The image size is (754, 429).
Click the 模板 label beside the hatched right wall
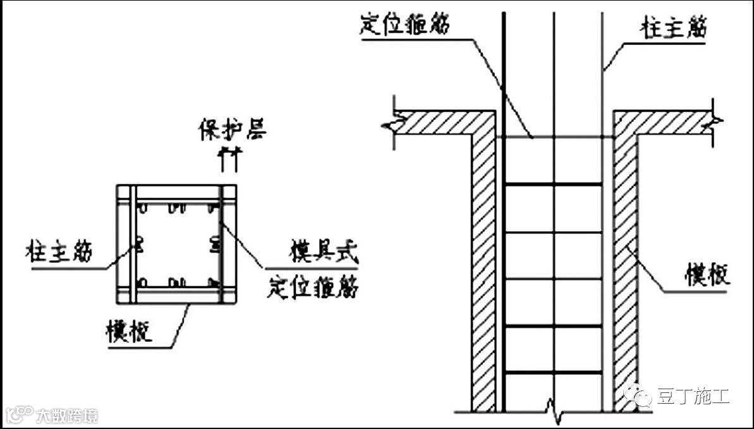pyautogui.click(x=707, y=275)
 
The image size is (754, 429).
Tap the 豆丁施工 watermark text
pyautogui.click(x=693, y=396)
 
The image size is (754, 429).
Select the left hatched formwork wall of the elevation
pyautogui.click(x=483, y=265)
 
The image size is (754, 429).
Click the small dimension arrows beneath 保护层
pyautogui.click(x=228, y=159)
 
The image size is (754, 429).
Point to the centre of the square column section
pyautogui.click(x=176, y=245)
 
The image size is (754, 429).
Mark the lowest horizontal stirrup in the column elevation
pyautogui.click(x=554, y=374)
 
